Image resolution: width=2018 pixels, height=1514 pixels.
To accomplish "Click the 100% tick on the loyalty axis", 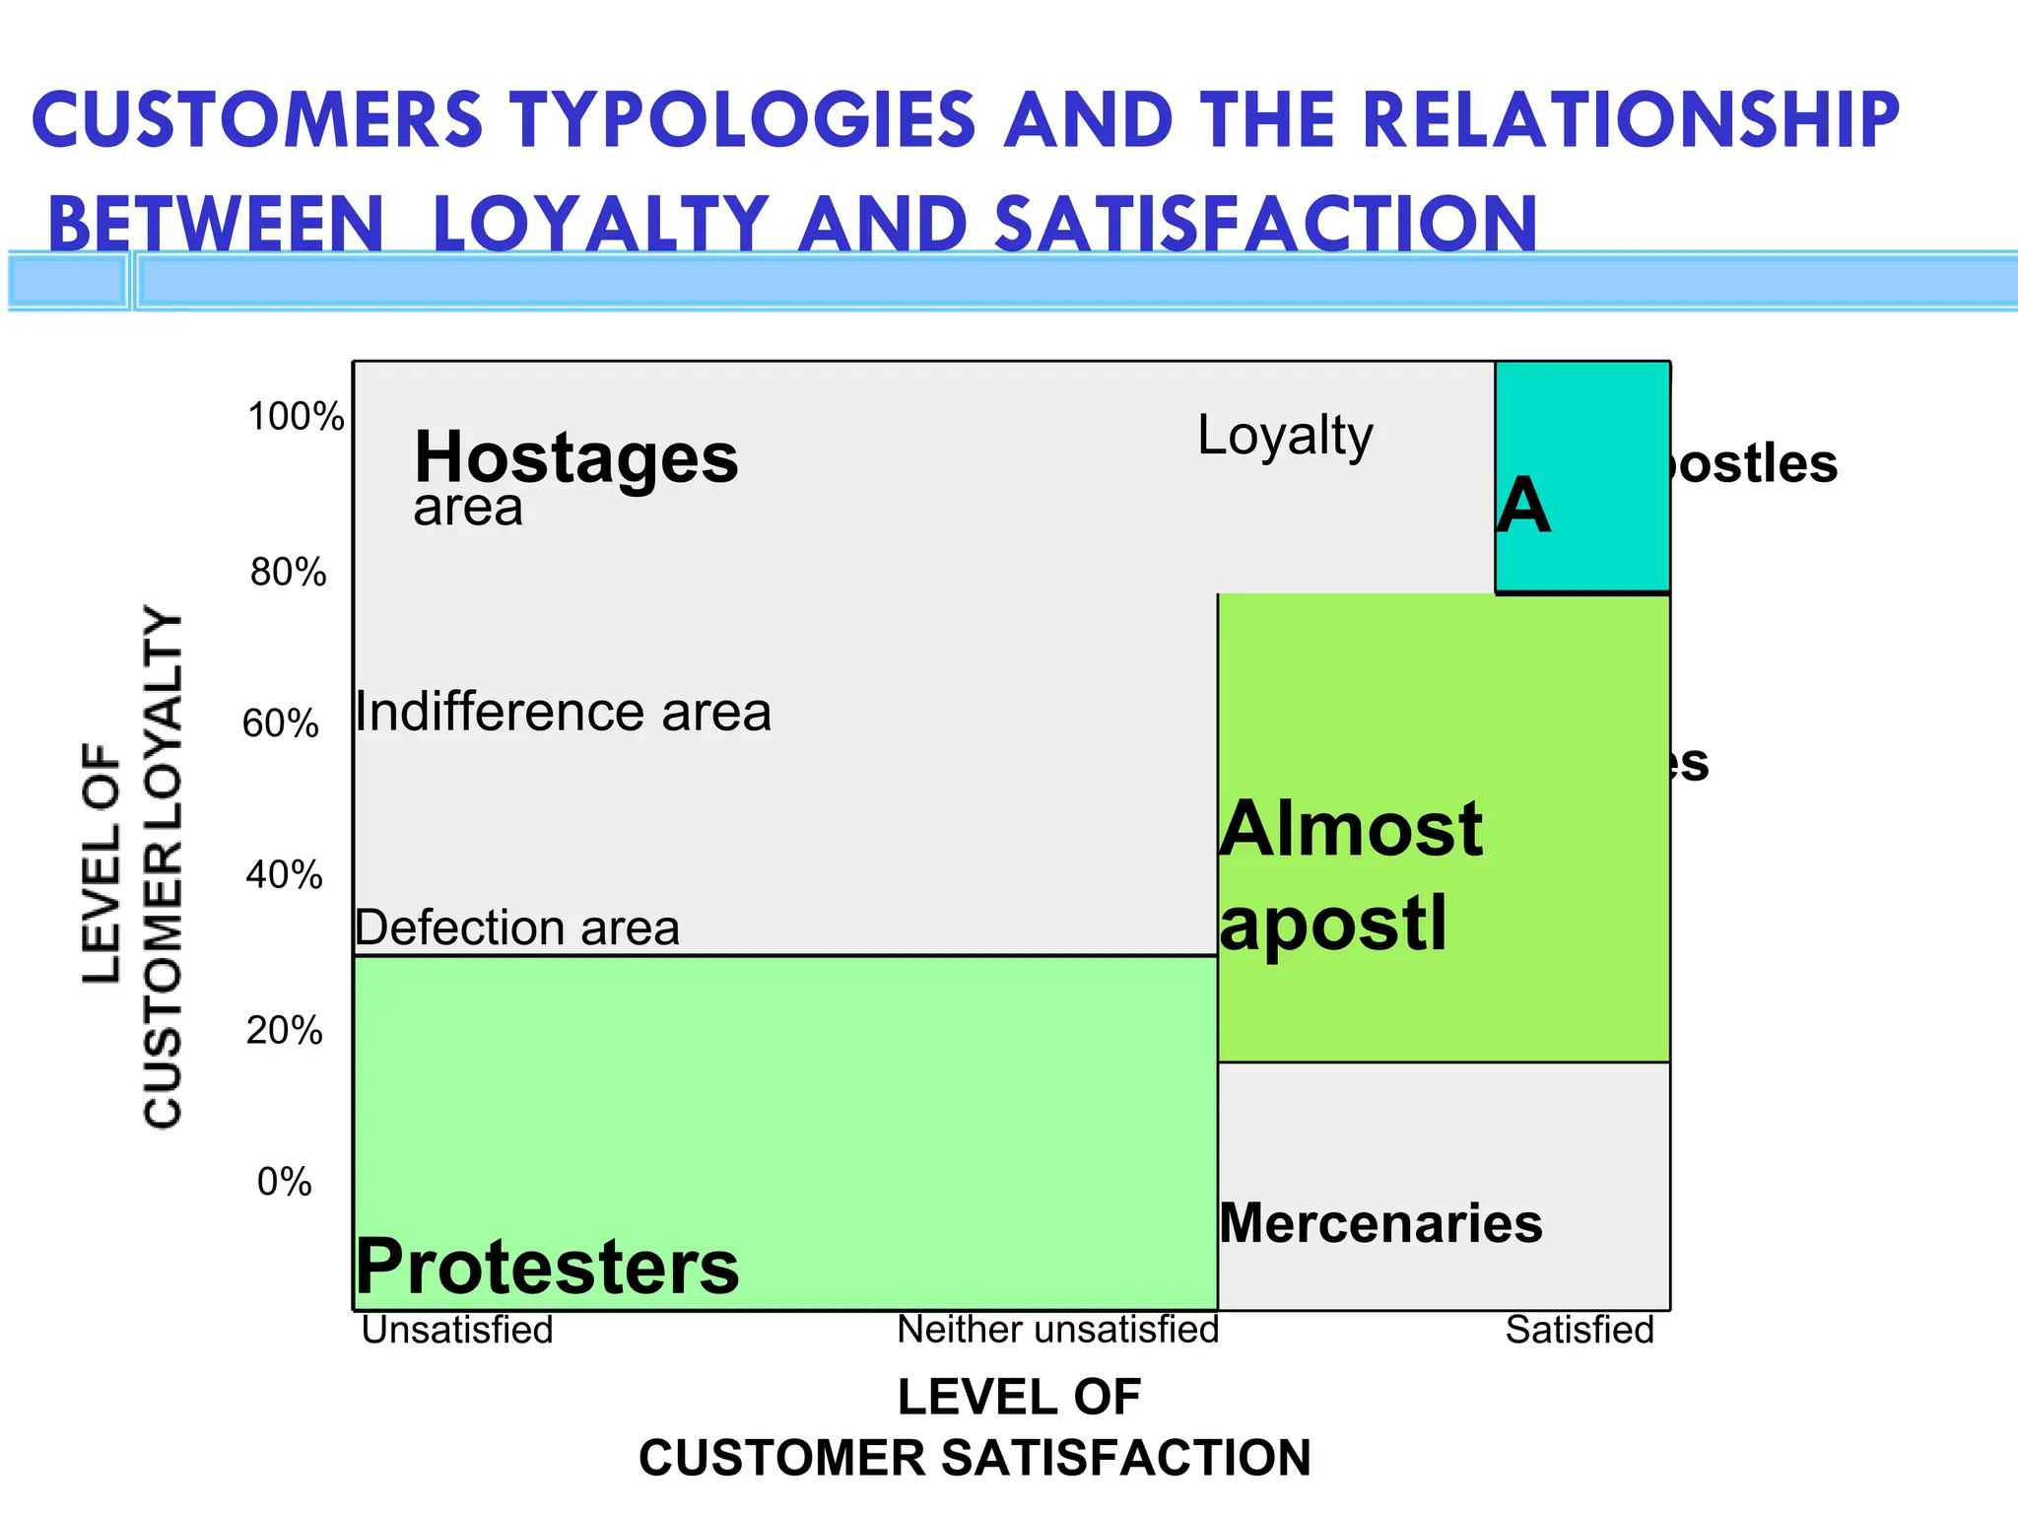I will click(x=296, y=417).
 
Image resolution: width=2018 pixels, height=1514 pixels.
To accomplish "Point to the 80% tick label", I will click(x=288, y=572).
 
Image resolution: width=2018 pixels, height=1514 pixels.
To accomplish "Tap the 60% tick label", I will click(x=281, y=723).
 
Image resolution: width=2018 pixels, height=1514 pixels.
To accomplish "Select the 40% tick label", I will click(x=284, y=875).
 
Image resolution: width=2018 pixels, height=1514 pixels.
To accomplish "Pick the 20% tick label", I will click(x=284, y=1031).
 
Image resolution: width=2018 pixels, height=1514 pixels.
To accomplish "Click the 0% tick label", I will click(x=284, y=1182).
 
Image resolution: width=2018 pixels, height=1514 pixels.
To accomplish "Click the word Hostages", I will click(x=575, y=458).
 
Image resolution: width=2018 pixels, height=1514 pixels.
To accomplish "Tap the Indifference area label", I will click(x=563, y=712).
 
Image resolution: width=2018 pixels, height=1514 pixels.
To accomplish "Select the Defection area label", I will click(x=517, y=929).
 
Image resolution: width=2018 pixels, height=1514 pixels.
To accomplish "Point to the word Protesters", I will click(x=547, y=1268).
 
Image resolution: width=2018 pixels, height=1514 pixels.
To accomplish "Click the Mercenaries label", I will click(x=1380, y=1224).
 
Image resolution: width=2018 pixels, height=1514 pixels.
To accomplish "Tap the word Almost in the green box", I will click(x=1351, y=830).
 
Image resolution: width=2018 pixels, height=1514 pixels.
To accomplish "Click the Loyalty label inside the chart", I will click(x=1285, y=436).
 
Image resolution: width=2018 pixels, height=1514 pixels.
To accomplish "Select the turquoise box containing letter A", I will click(x=1582, y=477).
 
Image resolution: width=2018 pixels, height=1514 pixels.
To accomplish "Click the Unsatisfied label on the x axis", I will click(x=457, y=1331).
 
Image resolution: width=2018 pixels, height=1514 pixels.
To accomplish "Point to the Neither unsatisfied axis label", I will click(x=1057, y=1331).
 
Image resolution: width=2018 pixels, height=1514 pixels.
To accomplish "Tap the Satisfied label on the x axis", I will click(x=1580, y=1331).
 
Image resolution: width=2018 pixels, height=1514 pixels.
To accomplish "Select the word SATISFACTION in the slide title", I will click(x=1265, y=224).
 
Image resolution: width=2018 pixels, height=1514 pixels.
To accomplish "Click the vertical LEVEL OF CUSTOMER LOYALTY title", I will click(x=133, y=867).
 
